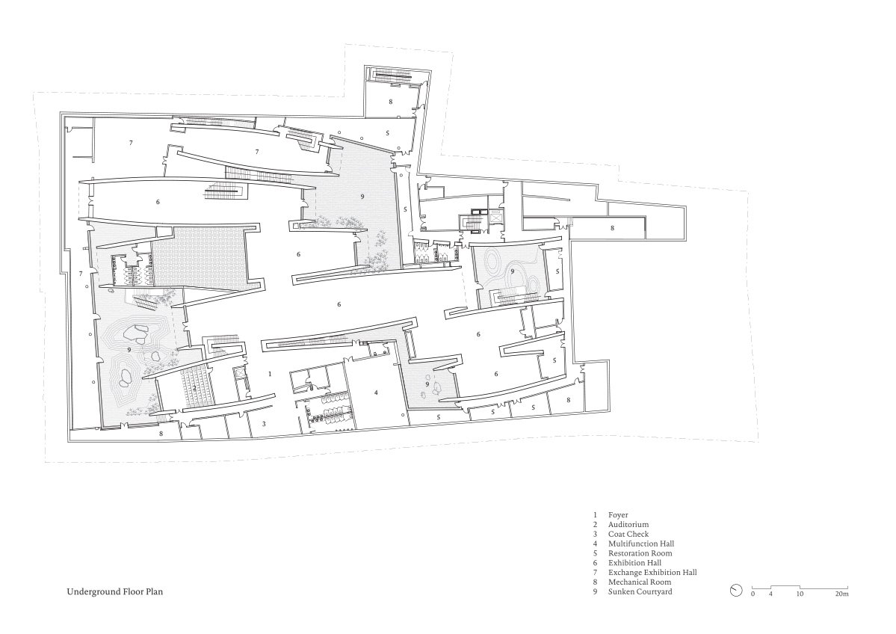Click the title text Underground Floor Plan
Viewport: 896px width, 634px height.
point(115,591)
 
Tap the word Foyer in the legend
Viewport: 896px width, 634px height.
point(618,515)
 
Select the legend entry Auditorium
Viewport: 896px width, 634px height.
point(628,524)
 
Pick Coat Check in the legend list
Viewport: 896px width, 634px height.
point(628,534)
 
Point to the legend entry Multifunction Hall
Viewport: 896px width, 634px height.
point(641,544)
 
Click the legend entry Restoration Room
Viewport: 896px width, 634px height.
point(640,553)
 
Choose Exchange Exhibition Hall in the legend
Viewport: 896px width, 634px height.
point(652,572)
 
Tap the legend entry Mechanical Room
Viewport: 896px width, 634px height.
point(640,582)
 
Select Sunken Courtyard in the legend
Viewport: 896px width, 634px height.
point(640,591)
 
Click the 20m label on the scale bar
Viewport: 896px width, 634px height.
point(842,594)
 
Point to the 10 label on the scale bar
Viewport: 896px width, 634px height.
point(800,594)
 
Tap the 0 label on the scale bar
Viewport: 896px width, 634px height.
point(753,594)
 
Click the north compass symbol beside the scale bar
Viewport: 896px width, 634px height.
point(736,591)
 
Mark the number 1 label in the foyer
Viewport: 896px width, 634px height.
point(271,374)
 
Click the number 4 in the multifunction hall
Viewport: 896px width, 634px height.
point(376,393)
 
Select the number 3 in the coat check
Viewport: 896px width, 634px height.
point(264,424)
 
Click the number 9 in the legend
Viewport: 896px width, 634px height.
point(595,591)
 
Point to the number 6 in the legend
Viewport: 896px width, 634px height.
point(595,563)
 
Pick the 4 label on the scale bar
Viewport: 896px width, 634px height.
point(770,594)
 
